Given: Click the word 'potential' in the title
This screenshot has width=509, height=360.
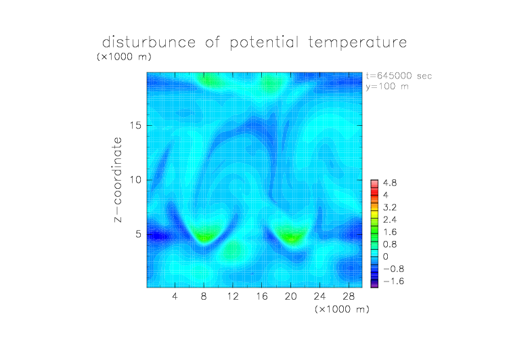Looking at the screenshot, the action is click(264, 43).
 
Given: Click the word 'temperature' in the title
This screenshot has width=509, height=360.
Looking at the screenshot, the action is click(357, 42).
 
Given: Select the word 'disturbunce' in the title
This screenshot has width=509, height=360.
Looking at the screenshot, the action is click(149, 42).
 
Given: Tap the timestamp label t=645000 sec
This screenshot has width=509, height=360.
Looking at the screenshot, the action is click(399, 76).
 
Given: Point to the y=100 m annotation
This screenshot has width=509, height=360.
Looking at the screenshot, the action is click(387, 87).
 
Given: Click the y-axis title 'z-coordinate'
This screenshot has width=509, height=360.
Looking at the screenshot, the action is click(118, 180).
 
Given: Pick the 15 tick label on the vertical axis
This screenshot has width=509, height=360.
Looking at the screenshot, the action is click(135, 125).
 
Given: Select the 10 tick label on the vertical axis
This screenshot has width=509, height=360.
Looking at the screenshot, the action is click(135, 180).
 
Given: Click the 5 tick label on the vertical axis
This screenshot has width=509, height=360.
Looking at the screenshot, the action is click(139, 234).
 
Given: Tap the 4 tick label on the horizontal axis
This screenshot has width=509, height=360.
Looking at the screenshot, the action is click(175, 296).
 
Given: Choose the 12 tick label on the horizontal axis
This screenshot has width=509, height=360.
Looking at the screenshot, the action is click(233, 296).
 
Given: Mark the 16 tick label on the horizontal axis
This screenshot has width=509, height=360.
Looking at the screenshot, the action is click(262, 296).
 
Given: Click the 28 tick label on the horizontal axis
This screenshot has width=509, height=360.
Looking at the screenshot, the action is click(349, 296).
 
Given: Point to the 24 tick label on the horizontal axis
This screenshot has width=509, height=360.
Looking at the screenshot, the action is click(319, 296).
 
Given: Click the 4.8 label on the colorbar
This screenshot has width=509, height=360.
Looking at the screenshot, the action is click(390, 183).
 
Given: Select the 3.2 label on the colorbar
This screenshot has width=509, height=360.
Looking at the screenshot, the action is click(390, 208).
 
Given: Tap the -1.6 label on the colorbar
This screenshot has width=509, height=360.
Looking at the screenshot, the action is click(393, 281).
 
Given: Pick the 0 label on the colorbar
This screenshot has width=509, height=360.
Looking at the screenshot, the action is click(386, 256).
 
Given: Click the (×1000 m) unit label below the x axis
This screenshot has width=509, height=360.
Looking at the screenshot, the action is click(342, 309).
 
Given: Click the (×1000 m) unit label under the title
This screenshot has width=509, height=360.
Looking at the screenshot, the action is click(124, 57).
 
